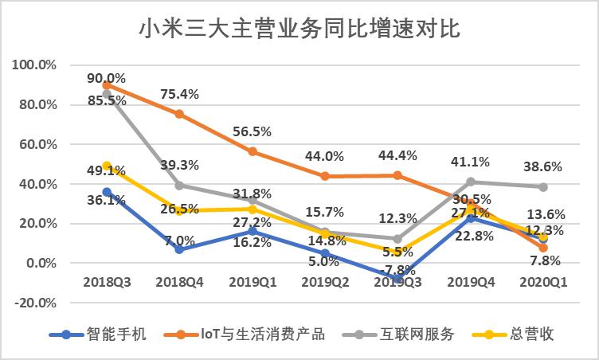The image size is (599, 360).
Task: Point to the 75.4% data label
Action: click(x=180, y=94)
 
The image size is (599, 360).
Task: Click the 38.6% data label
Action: click(x=543, y=167)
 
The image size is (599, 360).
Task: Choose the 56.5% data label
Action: click(x=253, y=131)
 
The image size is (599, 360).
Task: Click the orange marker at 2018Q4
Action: click(x=180, y=114)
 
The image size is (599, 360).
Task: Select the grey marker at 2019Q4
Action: click(x=470, y=182)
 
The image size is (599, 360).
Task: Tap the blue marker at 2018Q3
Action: click(x=107, y=192)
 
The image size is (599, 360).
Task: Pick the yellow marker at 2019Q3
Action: click(x=397, y=252)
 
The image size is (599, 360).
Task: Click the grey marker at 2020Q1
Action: click(x=542, y=186)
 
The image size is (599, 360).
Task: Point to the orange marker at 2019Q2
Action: click(x=325, y=176)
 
